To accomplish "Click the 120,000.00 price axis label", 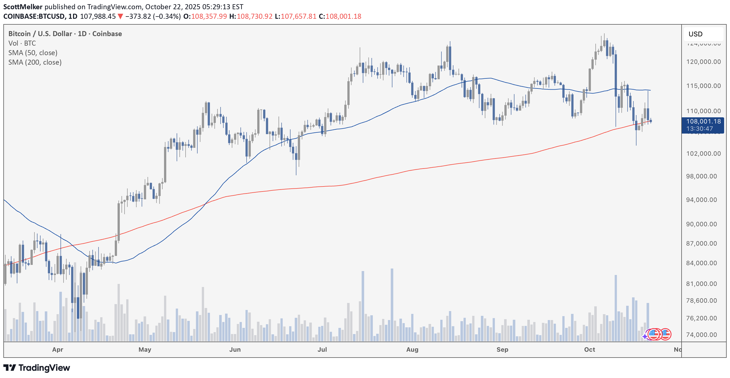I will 703,62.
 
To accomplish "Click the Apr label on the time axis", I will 58,350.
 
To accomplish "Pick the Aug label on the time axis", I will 412,350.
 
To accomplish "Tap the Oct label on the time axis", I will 589,350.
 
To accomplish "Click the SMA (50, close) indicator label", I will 33,53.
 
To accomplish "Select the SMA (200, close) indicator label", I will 35,62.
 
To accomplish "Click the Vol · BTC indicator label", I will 22,43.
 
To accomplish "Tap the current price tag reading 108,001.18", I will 703,122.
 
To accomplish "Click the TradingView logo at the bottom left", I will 37,368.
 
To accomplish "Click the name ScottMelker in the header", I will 23,7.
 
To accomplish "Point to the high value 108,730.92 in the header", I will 254,17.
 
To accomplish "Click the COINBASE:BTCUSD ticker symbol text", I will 34,17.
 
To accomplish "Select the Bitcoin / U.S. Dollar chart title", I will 40,34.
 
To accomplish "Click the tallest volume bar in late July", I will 392,305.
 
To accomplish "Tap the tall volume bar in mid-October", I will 616,308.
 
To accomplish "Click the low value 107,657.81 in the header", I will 298,17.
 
